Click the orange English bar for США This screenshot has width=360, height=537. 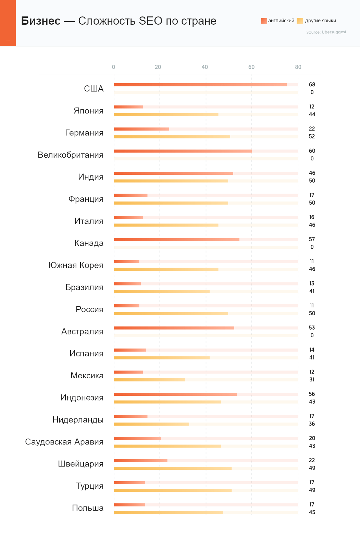(200, 85)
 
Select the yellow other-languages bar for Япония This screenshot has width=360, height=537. (166, 114)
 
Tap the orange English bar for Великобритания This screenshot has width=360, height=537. (183, 151)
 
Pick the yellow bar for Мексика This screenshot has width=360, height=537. (149, 380)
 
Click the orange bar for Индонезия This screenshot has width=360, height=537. (175, 394)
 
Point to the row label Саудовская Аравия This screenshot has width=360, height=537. (64, 442)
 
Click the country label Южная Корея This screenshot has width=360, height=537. (76, 265)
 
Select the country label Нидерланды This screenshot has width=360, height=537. (78, 420)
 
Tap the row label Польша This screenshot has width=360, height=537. (88, 508)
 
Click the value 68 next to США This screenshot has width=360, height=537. (312, 85)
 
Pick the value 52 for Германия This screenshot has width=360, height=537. (312, 136)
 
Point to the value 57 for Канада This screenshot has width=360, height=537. (312, 239)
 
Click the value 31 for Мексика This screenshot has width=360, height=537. (312, 380)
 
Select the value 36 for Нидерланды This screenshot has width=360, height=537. (312, 424)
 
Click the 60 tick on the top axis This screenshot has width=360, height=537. (251, 67)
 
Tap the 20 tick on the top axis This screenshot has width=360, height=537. (158, 67)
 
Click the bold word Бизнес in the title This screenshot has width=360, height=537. (41, 21)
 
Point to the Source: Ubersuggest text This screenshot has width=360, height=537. (326, 32)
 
